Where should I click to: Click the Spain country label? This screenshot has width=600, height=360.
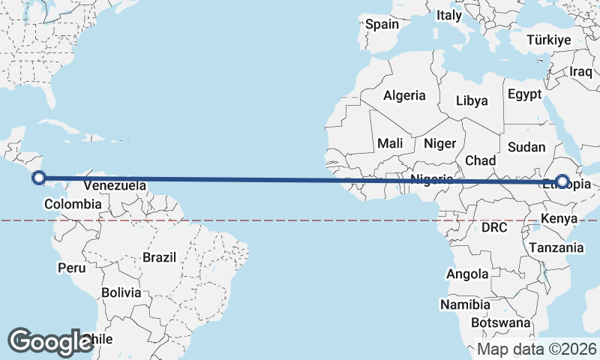tap(382, 24)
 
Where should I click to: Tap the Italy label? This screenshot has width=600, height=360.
tap(449, 15)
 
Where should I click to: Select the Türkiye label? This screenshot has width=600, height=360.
tap(549, 40)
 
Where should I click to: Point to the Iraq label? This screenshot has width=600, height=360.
tap(580, 71)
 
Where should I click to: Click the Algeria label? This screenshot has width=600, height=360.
tap(404, 95)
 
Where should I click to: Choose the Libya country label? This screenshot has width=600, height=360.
tap(472, 100)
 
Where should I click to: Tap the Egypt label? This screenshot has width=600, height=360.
tap(524, 94)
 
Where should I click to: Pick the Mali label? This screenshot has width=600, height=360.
tap(390, 143)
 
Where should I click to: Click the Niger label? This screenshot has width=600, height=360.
tap(440, 143)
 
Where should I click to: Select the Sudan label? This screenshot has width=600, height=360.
tap(526, 147)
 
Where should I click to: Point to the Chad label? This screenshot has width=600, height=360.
tap(480, 160)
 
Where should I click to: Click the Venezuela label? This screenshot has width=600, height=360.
tap(115, 185)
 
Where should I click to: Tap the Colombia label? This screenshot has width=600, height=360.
tap(73, 204)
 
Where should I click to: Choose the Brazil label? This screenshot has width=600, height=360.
tap(159, 257)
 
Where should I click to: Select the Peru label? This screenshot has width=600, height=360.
tap(72, 268)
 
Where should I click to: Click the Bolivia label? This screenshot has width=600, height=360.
tap(121, 292)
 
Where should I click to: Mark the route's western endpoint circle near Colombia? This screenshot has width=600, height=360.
tap(39, 178)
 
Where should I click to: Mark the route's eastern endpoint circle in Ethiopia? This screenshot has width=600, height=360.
tap(561, 181)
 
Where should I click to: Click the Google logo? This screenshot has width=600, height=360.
tap(50, 342)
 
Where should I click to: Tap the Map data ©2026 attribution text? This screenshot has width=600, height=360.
tap(537, 349)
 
